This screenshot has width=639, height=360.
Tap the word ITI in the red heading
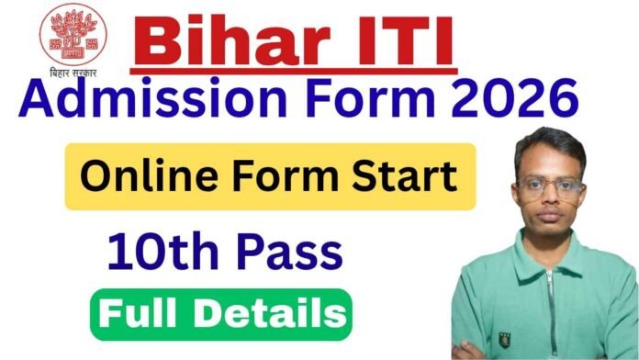click(x=399, y=42)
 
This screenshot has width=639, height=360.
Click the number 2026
click(x=520, y=99)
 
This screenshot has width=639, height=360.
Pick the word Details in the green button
click(x=273, y=313)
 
